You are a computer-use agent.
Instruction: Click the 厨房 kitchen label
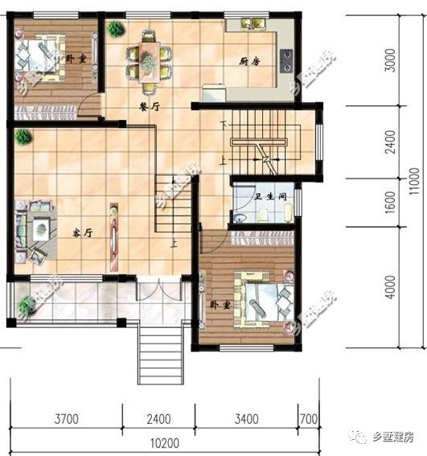coord(248,62)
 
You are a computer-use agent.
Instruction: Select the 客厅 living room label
coord(83,233)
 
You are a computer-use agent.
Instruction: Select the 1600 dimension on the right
coord(391,203)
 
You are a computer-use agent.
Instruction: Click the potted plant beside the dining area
coord(115,30)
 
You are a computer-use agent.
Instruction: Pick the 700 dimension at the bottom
coord(309,418)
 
